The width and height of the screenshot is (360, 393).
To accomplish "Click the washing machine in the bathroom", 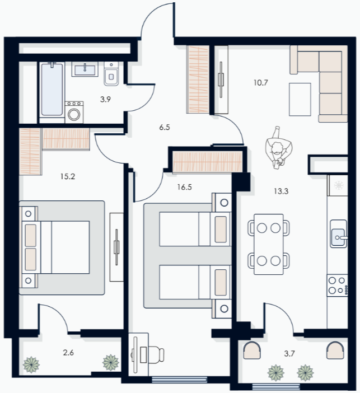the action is [74, 113].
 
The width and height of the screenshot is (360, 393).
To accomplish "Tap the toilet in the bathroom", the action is [111, 74].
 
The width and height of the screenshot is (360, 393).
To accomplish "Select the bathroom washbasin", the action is [85, 69].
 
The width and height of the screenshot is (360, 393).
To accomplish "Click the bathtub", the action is [52, 90].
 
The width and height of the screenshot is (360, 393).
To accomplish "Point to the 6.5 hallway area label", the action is [165, 127].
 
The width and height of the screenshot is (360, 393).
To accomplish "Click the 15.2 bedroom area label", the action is [68, 176].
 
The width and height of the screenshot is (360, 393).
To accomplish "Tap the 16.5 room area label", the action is [185, 187].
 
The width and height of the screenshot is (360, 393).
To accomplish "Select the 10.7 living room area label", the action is [261, 82].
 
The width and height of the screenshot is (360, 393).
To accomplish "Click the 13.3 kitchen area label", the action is [281, 191].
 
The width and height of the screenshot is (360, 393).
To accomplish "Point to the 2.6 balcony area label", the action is [68, 353].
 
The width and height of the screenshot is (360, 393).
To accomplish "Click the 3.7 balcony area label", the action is [289, 354].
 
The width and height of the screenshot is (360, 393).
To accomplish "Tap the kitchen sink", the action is [339, 234].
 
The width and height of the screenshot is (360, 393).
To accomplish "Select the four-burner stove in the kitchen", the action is [338, 285].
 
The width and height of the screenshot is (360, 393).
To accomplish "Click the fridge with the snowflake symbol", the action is [338, 185].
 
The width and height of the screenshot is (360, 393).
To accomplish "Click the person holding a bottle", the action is [278, 148].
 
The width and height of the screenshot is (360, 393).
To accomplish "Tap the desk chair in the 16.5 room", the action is [152, 354].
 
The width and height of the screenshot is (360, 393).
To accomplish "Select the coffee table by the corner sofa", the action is [300, 100].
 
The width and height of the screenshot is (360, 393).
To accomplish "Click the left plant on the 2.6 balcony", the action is [31, 364].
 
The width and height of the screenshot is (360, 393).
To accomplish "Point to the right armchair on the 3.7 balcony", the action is [335, 350].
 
